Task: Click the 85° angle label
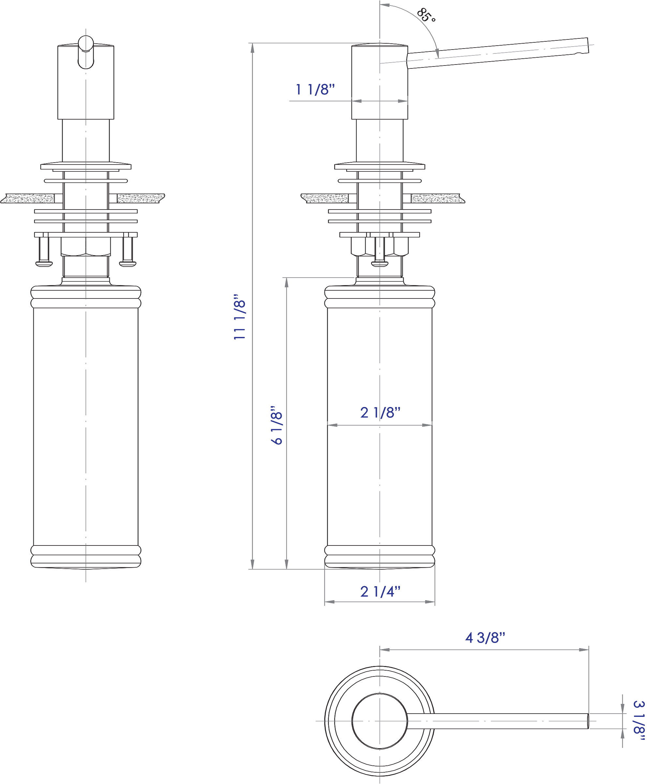click(x=426, y=15)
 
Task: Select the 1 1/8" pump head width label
click(x=315, y=90)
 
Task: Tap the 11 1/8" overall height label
click(x=240, y=317)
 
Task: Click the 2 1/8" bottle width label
click(x=380, y=413)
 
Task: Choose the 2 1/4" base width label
click(x=380, y=592)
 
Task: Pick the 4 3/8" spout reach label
click(x=485, y=638)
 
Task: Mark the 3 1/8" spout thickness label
click(x=639, y=722)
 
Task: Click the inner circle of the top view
click(x=379, y=721)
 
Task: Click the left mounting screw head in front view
click(x=44, y=264)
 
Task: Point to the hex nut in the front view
click(x=86, y=246)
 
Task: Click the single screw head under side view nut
click(x=380, y=264)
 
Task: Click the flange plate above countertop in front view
click(x=86, y=166)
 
